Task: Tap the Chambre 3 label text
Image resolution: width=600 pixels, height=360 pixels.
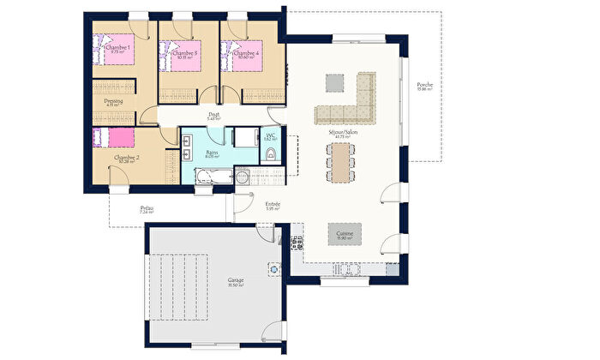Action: coord(184,54)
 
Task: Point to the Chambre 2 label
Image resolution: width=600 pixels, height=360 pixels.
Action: coord(126,158)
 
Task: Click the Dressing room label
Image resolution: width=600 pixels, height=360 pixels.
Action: coord(113,101)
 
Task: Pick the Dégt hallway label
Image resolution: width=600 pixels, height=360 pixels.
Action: coord(214,115)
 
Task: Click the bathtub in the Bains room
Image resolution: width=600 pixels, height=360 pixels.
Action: coord(213,177)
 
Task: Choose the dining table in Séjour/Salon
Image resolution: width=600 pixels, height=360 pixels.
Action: coord(342,161)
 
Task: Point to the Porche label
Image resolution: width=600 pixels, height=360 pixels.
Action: coord(424,85)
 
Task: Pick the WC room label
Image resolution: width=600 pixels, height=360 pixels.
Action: coord(269,135)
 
